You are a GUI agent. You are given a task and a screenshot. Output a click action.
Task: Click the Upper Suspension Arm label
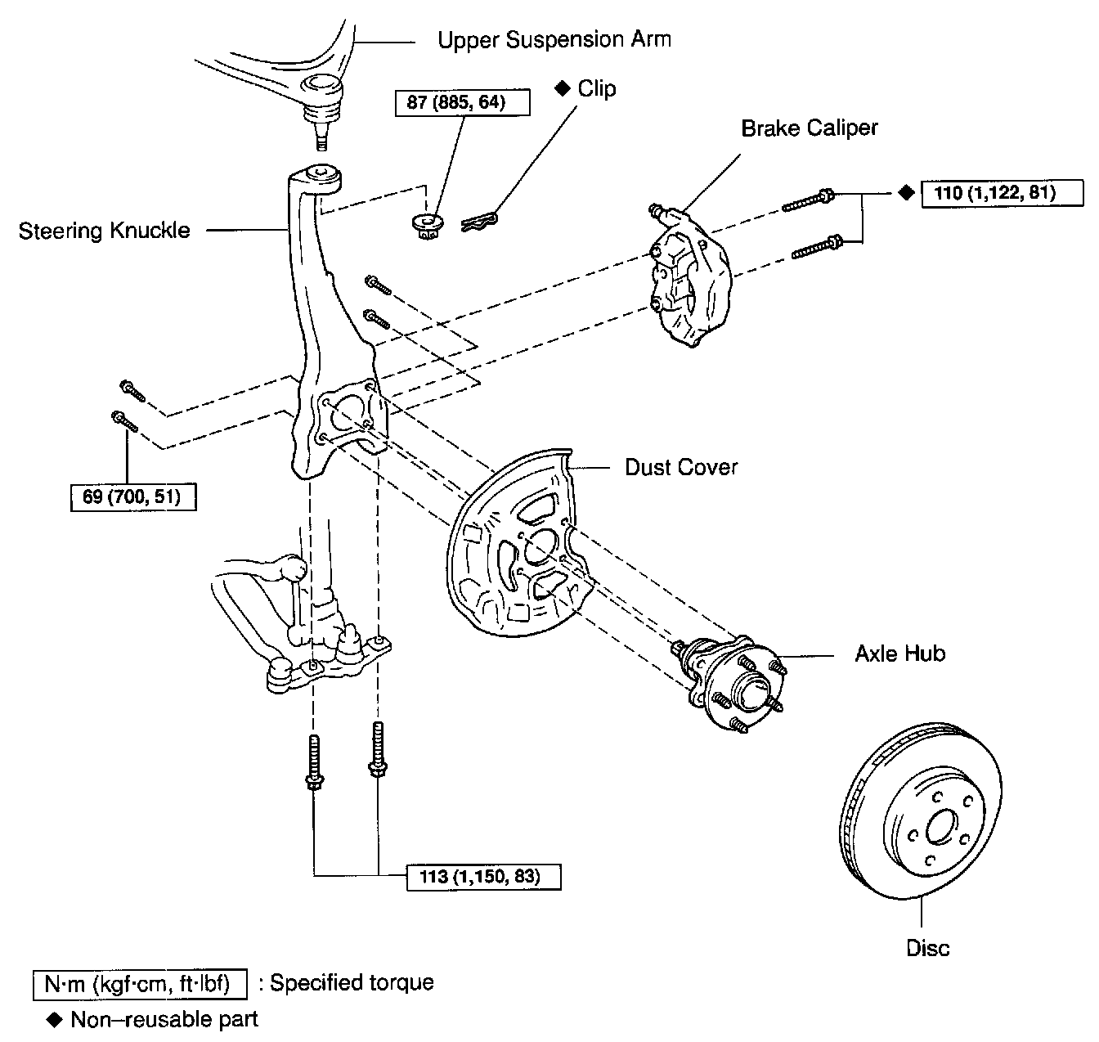(x=554, y=40)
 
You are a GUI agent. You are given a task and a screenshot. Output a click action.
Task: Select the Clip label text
(x=596, y=88)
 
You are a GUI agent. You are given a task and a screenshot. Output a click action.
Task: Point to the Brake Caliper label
(x=809, y=128)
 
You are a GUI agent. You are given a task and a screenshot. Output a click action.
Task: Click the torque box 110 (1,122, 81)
(x=1002, y=193)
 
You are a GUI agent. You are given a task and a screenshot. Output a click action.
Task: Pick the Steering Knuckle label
(x=104, y=231)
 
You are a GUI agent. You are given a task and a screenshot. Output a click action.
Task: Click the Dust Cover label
(x=681, y=467)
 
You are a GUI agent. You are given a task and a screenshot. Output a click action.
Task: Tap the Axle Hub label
(x=899, y=653)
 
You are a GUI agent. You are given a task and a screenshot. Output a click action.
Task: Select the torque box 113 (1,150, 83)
(x=484, y=877)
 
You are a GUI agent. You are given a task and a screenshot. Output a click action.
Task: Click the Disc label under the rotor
(x=928, y=949)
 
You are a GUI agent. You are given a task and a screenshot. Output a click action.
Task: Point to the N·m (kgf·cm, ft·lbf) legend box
(x=140, y=983)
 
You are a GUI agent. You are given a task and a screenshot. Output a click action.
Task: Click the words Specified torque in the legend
(x=352, y=982)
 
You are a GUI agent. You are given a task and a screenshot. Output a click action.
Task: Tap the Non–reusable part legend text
(x=164, y=1020)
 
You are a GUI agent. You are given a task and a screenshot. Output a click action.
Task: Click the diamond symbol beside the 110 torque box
(x=904, y=193)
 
